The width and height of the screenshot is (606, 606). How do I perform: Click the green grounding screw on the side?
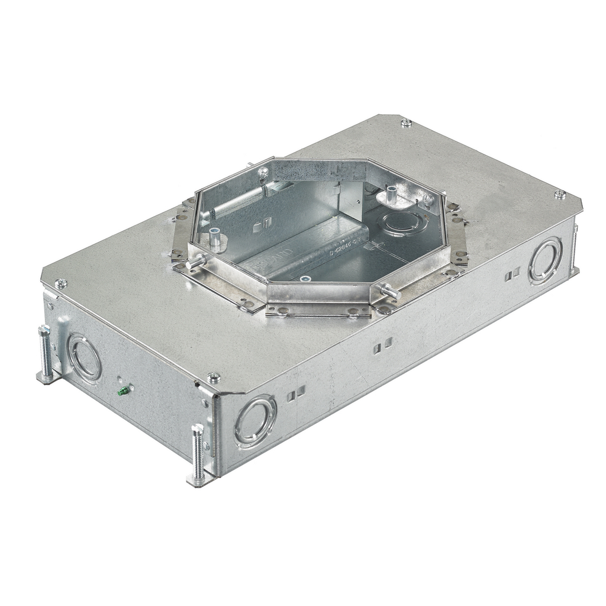pyautogui.click(x=124, y=391)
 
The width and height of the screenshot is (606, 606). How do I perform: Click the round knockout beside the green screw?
pyautogui.click(x=83, y=359)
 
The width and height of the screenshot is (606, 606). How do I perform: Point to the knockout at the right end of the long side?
pyautogui.click(x=544, y=260)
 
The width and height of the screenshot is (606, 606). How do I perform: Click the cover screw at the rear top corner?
pyautogui.click(x=406, y=123)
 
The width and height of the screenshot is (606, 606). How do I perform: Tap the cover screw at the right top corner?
pyautogui.click(x=559, y=194)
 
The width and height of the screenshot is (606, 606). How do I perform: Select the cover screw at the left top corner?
pyautogui.click(x=61, y=283)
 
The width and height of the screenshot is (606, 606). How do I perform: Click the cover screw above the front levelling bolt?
pyautogui.click(x=214, y=378)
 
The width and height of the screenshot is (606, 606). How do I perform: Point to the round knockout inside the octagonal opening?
pyautogui.click(x=401, y=224)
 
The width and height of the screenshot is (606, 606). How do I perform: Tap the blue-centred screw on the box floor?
pyautogui.click(x=305, y=279)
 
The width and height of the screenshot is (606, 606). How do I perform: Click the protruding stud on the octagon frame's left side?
pyautogui.click(x=196, y=261)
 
